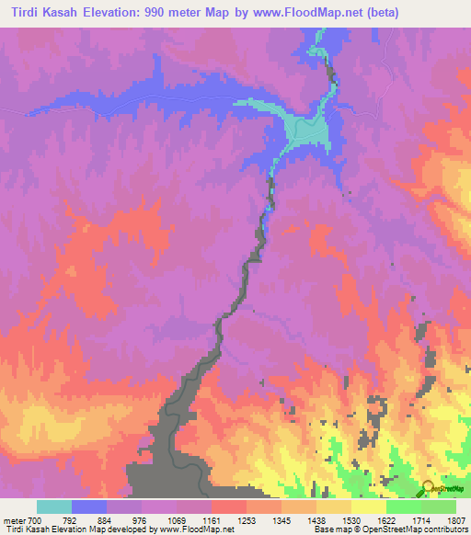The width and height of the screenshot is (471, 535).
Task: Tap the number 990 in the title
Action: (x=216, y=13)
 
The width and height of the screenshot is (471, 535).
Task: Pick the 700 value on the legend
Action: (x=36, y=520)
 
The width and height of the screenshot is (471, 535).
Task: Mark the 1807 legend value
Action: (x=457, y=520)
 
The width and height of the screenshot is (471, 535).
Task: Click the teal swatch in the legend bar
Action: (x=53, y=507)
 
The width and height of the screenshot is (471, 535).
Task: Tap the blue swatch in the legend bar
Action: (x=89, y=507)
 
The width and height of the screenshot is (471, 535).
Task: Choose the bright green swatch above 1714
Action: (x=404, y=507)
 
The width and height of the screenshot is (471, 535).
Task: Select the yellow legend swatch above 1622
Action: (x=369, y=507)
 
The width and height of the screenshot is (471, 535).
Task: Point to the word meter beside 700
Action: (x=14, y=520)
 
